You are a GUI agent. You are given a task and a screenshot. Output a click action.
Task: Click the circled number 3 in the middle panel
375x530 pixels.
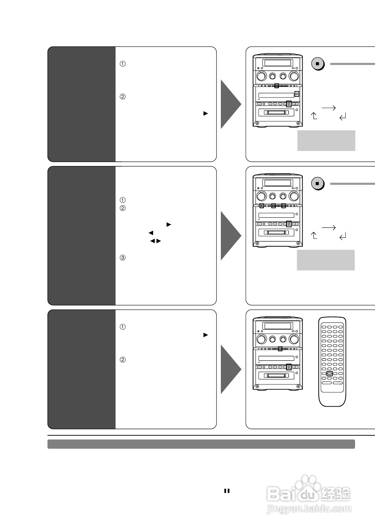[122, 258]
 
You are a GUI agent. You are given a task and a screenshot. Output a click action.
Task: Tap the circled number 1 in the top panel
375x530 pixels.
[122, 64]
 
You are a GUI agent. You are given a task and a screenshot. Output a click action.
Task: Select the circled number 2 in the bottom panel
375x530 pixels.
[122, 360]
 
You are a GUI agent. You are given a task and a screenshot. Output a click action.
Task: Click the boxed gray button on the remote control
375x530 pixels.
[329, 373]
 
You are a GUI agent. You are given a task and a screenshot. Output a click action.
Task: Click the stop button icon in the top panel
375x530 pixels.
[317, 64]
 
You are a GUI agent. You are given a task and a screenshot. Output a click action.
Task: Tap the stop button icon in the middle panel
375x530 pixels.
[317, 183]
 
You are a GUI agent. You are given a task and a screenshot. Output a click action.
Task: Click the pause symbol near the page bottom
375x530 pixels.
[227, 491]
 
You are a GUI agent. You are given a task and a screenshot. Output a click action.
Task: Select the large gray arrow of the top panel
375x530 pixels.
[230, 104]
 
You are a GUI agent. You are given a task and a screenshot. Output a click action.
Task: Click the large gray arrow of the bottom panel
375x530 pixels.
[230, 369]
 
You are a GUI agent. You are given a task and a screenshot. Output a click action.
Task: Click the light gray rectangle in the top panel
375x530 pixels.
[326, 140]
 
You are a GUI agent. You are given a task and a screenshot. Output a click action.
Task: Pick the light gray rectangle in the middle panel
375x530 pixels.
[326, 260]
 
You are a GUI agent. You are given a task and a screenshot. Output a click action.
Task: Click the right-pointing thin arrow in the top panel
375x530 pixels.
[329, 108]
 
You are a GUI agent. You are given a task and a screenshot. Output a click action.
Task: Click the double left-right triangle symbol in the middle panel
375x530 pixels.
[156, 241]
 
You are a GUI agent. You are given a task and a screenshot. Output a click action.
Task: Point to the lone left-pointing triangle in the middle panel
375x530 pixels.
[151, 233]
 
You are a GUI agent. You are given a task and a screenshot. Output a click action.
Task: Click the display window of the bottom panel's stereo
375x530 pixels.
[277, 326]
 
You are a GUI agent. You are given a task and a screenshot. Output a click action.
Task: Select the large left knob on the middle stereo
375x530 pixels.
[261, 195]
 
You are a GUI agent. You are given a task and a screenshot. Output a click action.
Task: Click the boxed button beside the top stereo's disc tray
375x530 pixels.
[297, 94]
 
